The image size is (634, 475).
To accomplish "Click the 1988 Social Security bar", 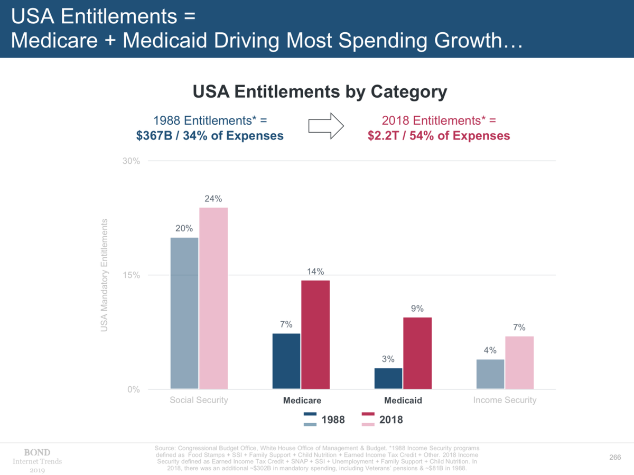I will click(184, 313).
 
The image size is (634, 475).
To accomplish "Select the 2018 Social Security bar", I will click(213, 299).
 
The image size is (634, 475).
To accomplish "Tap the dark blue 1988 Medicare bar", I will click(286, 361).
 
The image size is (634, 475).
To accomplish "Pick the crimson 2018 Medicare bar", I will click(315, 334).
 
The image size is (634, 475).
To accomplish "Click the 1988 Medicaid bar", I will click(388, 379).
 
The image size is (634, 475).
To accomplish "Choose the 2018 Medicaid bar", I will click(417, 353).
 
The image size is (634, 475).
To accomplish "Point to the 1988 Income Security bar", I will click(490, 374).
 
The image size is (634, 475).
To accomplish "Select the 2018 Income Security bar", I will click(519, 362).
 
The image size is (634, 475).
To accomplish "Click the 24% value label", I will click(213, 199).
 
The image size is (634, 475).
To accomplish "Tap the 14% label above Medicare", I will click(315, 272).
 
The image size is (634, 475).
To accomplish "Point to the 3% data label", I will click(388, 359).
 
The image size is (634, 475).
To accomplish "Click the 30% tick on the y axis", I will click(131, 161).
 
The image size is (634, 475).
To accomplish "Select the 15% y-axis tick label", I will click(131, 275).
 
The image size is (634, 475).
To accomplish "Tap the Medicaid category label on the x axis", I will click(403, 401).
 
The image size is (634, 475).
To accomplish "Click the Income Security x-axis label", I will click(505, 400).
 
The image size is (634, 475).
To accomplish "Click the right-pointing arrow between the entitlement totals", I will click(326, 126).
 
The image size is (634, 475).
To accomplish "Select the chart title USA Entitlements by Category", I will click(320, 92).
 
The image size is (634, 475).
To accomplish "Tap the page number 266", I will click(614, 457).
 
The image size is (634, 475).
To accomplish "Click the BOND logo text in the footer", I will click(37, 452).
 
